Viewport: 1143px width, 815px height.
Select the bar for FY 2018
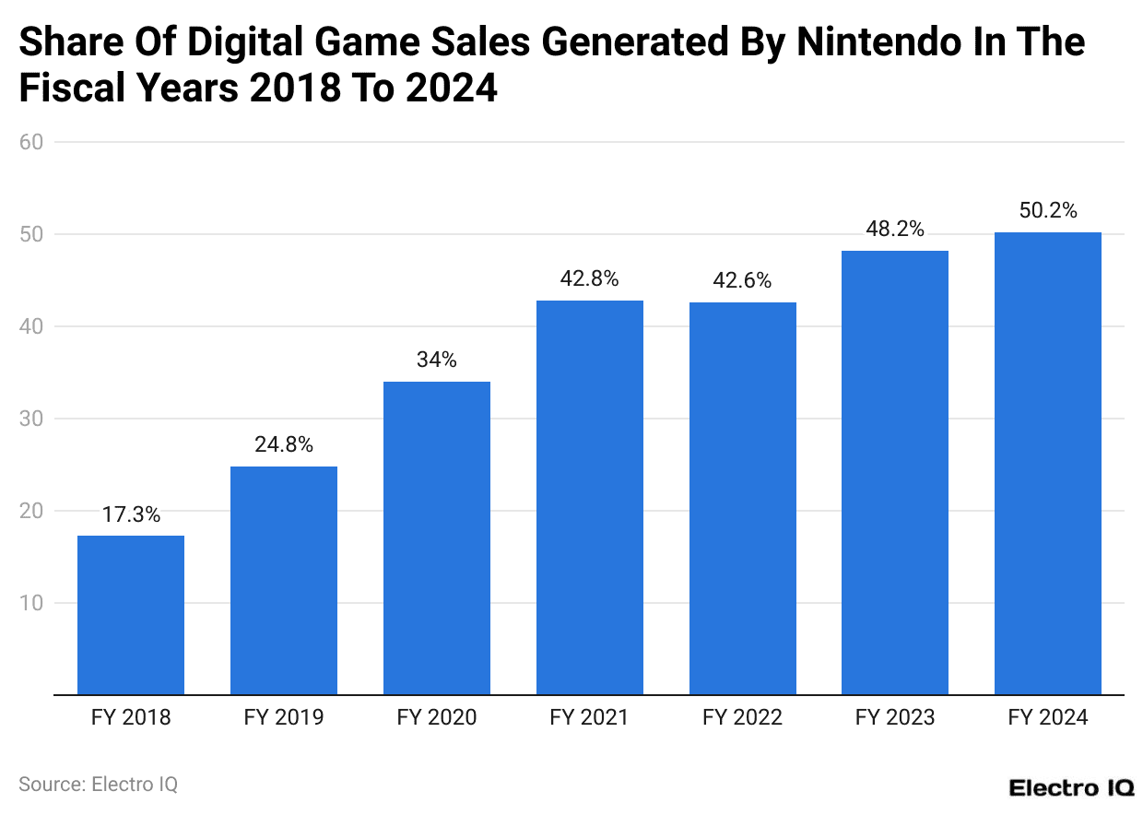coord(131,615)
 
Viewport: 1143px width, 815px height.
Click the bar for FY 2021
coord(589,498)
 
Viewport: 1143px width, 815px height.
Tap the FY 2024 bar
coord(1048,464)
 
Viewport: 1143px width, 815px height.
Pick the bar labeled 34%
coord(437,538)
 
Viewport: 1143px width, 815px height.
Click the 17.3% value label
coord(131,515)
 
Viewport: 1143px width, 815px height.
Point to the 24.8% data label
coord(284,445)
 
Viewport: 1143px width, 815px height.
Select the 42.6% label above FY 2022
coord(742,281)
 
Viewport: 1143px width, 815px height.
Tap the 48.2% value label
coord(895,230)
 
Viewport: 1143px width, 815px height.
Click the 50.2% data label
coord(1048,211)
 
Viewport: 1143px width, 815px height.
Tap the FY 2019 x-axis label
coord(284,717)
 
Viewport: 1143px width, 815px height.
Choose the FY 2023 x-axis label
coord(895,717)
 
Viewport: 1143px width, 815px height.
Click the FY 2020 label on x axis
coord(437,717)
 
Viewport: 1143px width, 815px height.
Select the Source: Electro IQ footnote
coord(98,784)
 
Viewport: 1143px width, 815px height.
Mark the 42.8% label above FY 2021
coord(589,279)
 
